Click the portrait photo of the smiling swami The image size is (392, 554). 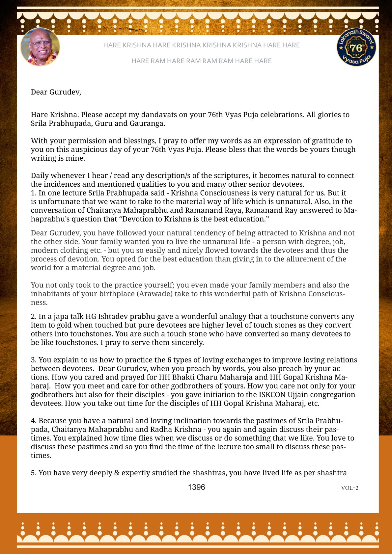pyautogui.click(x=40, y=47)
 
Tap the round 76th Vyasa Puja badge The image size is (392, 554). pyautogui.click(x=356, y=47)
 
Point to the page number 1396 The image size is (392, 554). pyautogui.click(x=196, y=487)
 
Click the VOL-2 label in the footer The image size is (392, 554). pyautogui.click(x=350, y=488)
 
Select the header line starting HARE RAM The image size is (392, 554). pyautogui.click(x=201, y=61)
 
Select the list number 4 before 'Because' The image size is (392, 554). pyautogui.click(x=33, y=421)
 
